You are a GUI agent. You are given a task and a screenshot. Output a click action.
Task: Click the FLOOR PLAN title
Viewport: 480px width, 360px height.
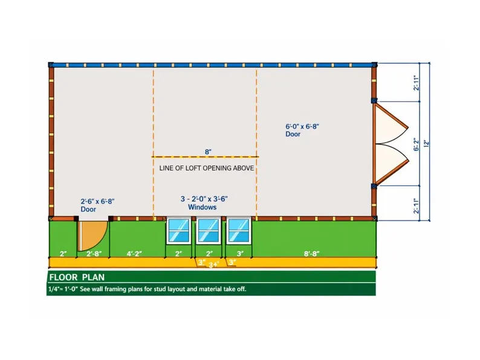[x=77, y=277]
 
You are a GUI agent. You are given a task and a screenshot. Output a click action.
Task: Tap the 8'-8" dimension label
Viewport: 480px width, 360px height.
[x=311, y=254]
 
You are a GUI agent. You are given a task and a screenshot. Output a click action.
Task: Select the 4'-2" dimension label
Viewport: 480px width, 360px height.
[x=134, y=254]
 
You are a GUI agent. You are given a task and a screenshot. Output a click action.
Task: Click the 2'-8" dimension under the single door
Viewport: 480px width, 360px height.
[x=94, y=254]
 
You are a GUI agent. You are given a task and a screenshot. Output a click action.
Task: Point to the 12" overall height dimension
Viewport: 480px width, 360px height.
[x=426, y=143]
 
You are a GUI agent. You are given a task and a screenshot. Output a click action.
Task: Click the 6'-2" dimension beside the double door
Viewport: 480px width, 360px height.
[x=416, y=144]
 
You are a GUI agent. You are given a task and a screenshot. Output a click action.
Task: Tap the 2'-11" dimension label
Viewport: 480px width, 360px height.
[x=416, y=83]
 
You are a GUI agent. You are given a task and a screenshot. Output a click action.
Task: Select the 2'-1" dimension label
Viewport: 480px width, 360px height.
[x=416, y=206]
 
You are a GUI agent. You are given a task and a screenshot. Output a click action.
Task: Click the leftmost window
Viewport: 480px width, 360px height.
[x=178, y=230]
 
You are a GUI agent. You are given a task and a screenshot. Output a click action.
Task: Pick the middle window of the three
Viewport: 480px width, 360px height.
[x=209, y=230]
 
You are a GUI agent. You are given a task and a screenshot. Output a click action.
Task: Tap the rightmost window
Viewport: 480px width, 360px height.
[x=239, y=230]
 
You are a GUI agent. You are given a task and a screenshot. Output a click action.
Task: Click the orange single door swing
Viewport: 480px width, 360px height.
[x=92, y=235]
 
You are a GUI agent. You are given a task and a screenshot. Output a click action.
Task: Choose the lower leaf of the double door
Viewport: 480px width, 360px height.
[x=391, y=164]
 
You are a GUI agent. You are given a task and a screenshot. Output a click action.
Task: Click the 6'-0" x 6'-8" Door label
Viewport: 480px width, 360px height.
[x=302, y=130]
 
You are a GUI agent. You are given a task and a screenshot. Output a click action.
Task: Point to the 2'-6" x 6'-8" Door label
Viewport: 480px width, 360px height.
[x=97, y=205]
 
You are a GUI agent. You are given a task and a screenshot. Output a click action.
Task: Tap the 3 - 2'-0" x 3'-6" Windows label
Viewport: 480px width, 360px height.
[x=204, y=203]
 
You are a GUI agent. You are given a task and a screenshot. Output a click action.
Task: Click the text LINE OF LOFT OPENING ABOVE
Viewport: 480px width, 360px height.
[x=207, y=168]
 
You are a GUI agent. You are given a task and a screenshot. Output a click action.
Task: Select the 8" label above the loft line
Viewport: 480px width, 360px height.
[x=208, y=152]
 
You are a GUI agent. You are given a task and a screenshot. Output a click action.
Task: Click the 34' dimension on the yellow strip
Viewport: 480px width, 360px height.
[x=213, y=265]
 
